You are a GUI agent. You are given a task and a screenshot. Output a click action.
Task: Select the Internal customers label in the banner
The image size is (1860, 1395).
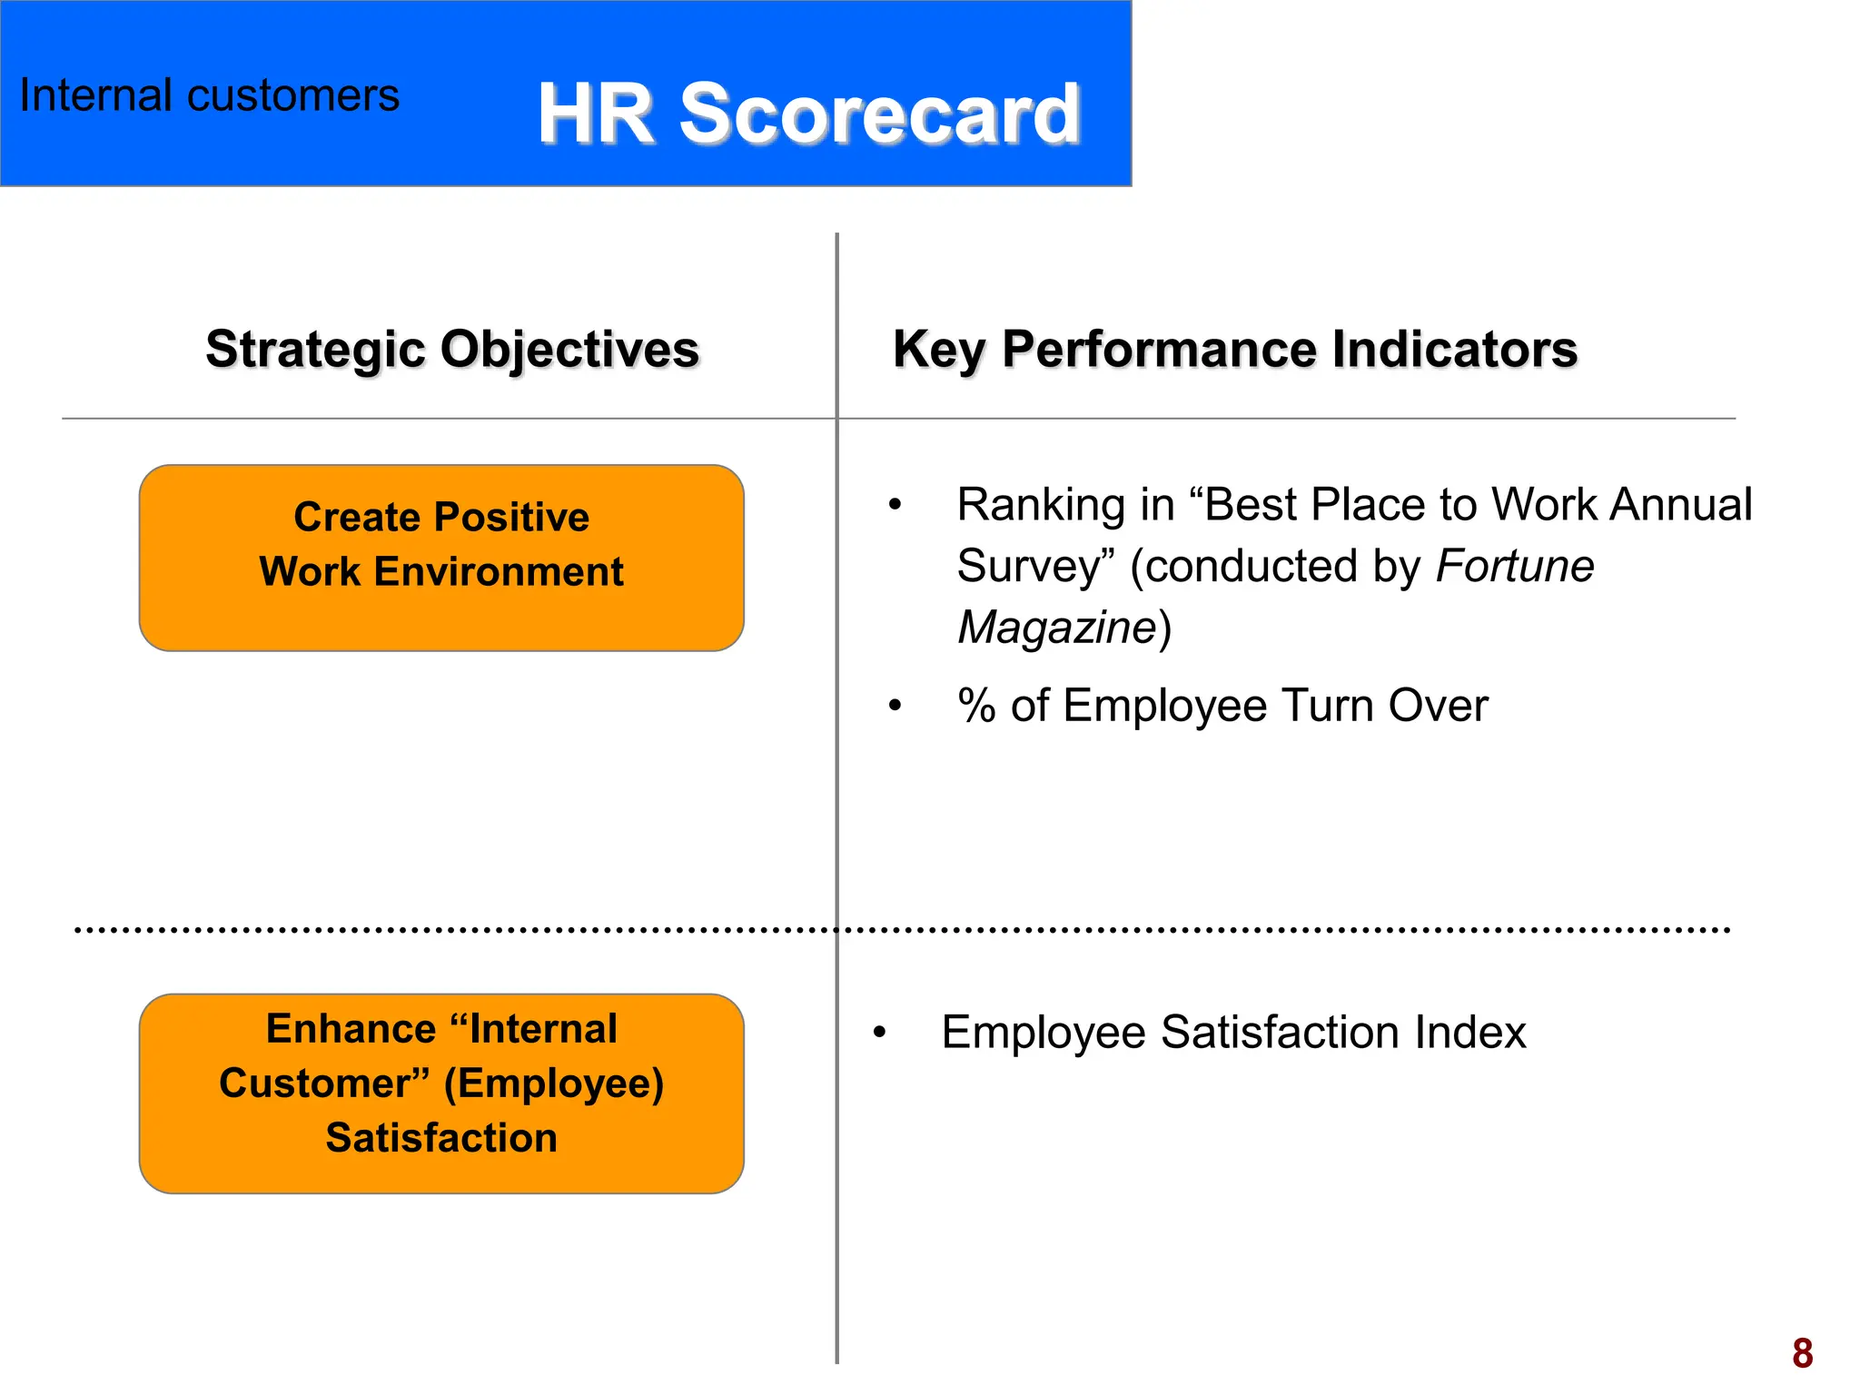[209, 95]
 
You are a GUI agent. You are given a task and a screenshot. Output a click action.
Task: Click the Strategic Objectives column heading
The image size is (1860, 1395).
[452, 350]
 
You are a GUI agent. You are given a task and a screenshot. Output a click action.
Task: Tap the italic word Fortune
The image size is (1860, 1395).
[1514, 566]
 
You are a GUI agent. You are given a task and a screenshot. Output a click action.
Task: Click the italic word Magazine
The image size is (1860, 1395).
[1056, 628]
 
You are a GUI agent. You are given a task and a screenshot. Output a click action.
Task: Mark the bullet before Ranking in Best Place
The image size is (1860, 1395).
[895, 504]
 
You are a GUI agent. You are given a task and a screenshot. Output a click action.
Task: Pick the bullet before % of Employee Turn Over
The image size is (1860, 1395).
[895, 706]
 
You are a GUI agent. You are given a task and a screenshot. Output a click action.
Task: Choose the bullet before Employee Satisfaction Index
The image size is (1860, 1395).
[878, 1033]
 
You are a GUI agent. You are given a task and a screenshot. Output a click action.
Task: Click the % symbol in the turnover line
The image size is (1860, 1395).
[976, 706]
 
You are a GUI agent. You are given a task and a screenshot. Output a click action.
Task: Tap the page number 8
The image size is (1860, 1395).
[1802, 1353]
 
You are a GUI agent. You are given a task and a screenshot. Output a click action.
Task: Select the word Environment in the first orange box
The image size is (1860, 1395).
[499, 572]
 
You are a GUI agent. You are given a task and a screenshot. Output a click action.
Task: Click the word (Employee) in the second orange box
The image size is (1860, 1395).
[554, 1083]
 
